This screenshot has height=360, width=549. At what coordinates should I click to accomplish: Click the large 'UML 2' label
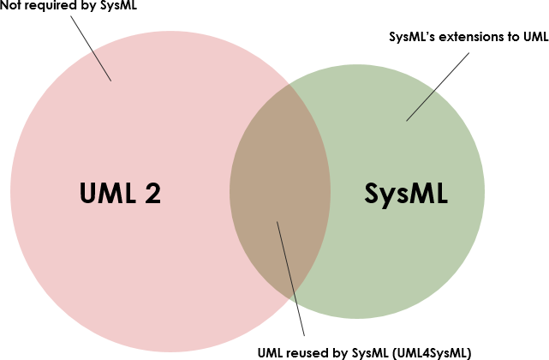(120, 194)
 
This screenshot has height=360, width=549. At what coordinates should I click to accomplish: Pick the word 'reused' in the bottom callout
(304, 351)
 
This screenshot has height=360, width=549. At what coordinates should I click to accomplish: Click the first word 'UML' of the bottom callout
(270, 351)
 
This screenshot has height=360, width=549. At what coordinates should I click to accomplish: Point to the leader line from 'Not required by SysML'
(89, 47)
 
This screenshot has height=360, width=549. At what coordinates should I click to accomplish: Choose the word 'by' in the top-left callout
(82, 8)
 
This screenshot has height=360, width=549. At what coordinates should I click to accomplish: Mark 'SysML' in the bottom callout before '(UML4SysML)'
(370, 351)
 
